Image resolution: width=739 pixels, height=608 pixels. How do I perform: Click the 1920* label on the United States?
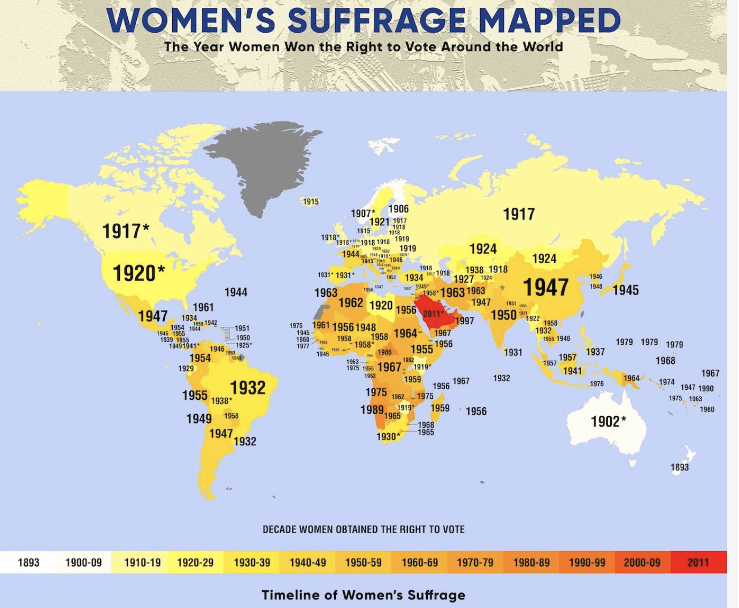pos(138,273)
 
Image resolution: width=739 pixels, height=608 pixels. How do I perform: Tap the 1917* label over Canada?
pos(126,231)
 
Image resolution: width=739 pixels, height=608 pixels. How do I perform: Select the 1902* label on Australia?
pos(609,422)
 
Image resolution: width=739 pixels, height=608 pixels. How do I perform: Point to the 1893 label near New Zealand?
pos(680,467)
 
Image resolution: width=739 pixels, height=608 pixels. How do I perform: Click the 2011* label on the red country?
pos(434,314)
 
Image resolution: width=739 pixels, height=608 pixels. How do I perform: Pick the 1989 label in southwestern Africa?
pos(372,409)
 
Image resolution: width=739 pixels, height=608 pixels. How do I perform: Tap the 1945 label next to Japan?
pos(626,290)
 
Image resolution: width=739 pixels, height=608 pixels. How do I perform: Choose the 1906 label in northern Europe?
pos(398,209)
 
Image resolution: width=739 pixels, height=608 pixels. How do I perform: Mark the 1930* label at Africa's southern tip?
pos(388,437)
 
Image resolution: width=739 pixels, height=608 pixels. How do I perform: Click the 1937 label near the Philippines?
pos(595,352)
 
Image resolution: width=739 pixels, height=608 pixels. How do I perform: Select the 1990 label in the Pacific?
pos(706,388)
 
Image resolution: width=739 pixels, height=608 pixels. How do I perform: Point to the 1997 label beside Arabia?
pos(465,321)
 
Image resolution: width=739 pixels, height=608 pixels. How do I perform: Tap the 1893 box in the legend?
pos(29,563)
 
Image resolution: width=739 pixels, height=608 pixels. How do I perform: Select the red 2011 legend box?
pos(698,563)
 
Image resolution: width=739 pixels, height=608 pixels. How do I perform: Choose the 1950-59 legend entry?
pos(364,563)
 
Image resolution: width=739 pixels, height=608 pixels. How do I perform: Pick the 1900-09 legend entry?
pos(83,563)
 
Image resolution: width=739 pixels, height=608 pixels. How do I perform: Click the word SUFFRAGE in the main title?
pos(376,21)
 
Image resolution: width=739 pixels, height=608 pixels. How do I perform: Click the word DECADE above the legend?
pos(279,529)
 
